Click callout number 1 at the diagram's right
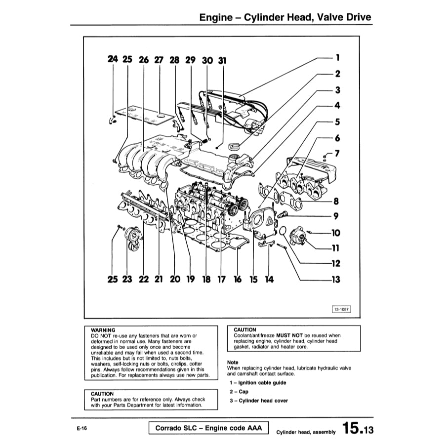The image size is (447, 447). point(337,58)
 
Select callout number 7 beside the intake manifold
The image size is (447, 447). point(337,154)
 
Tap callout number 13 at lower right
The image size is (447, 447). point(336,280)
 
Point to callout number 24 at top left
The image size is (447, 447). point(113,59)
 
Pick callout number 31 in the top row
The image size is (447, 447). point(222,60)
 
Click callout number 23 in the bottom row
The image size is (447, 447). point(127,280)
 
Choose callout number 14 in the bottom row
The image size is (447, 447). point(269,280)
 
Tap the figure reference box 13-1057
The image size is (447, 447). point(342,309)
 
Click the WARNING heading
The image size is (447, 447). point(103,330)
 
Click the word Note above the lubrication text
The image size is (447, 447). point(232,362)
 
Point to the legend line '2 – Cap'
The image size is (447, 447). point(239,392)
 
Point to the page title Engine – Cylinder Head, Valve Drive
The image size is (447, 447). point(285,18)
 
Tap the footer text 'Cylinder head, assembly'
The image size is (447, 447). point(306,432)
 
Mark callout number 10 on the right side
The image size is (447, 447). point(336,232)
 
